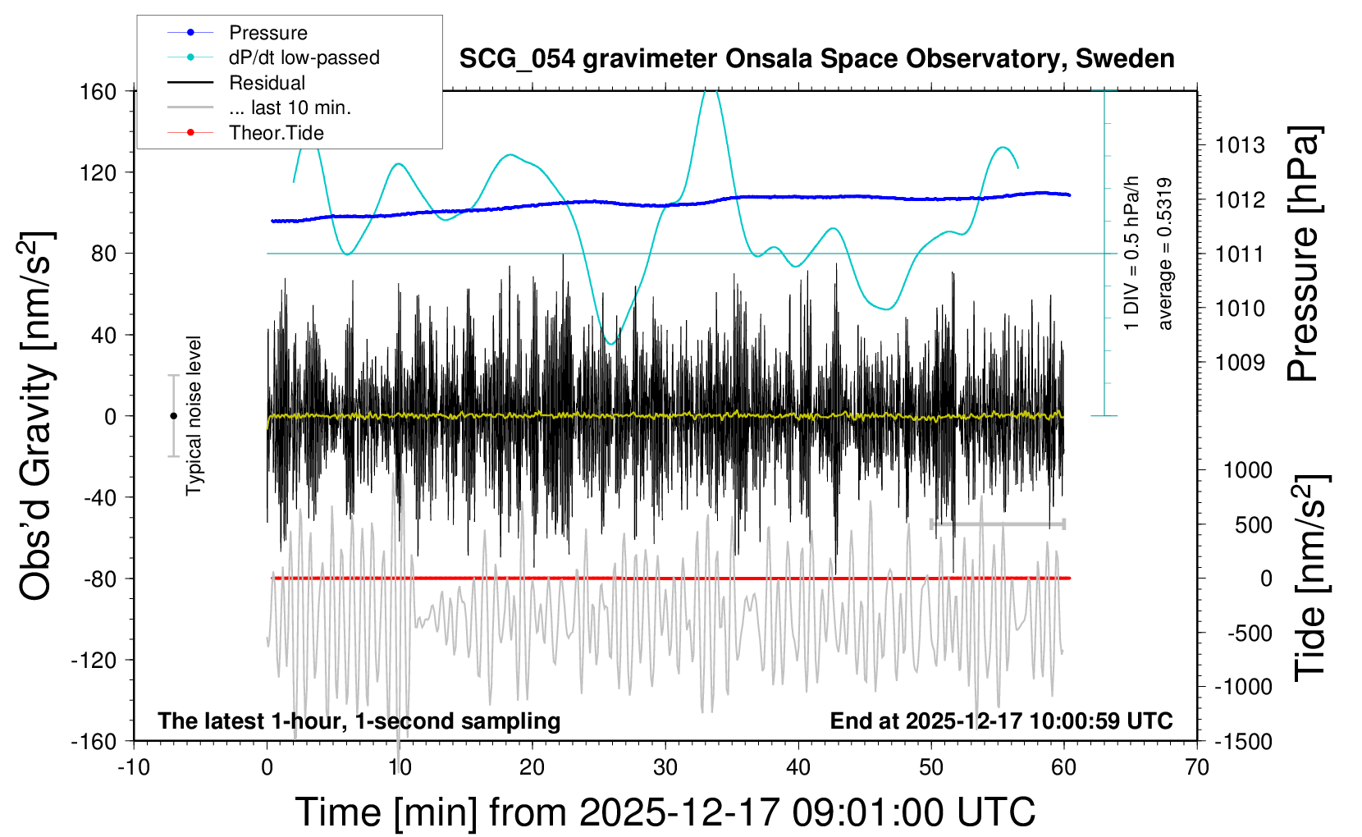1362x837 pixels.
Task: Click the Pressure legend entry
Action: pos(267,33)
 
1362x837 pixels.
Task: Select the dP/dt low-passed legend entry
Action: pos(304,57)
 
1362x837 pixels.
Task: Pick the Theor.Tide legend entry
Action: pos(276,133)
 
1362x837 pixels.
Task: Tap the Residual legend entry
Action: pos(267,83)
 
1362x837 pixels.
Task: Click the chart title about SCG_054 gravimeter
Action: pos(816,59)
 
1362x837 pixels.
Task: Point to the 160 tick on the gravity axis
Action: pos(98,91)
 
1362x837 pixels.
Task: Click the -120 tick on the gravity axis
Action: pos(94,660)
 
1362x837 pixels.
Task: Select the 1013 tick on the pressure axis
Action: pos(1240,146)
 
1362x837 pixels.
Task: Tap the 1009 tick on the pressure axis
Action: pos(1240,363)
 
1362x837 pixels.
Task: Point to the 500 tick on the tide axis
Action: pos(1253,525)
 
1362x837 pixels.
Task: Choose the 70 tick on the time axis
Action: pos(1197,768)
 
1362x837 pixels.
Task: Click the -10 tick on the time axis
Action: pos(134,768)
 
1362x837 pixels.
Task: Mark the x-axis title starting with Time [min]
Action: pos(665,812)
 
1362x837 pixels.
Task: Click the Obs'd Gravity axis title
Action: pos(37,416)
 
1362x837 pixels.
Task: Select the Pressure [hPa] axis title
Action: pos(1303,254)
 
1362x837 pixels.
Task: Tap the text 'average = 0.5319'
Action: pos(1165,254)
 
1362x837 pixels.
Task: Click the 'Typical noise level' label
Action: pos(194,416)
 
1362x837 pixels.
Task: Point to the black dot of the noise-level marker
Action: pos(173,416)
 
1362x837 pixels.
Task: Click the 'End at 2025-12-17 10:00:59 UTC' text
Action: pos(1001,721)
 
